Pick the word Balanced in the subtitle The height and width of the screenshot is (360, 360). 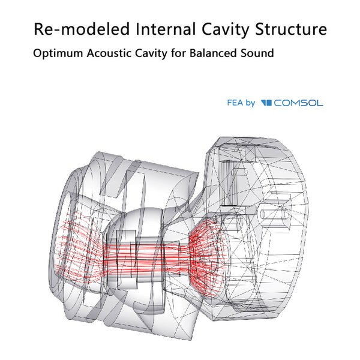(x=218, y=53)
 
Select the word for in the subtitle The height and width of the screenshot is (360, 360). (x=188, y=53)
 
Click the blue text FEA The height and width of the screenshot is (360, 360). (x=235, y=103)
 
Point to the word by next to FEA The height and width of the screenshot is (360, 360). (x=251, y=103)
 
